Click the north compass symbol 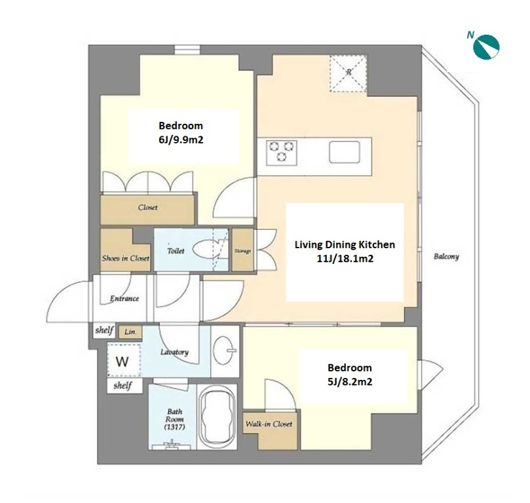[x=486, y=47]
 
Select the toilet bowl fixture [x=206, y=250]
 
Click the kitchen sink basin [x=345, y=152]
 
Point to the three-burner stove [x=281, y=153]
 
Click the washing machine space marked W [x=124, y=360]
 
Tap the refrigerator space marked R [x=349, y=73]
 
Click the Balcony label [x=446, y=256]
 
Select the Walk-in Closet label [x=269, y=424]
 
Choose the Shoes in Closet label [x=125, y=259]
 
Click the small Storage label [x=242, y=251]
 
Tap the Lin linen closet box [x=130, y=332]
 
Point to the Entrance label [x=124, y=298]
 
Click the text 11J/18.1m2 [x=345, y=259]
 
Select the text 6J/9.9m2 [x=181, y=140]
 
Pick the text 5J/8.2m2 [x=350, y=382]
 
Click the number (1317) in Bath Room [x=174, y=427]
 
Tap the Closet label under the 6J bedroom [x=147, y=208]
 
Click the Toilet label [x=176, y=251]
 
